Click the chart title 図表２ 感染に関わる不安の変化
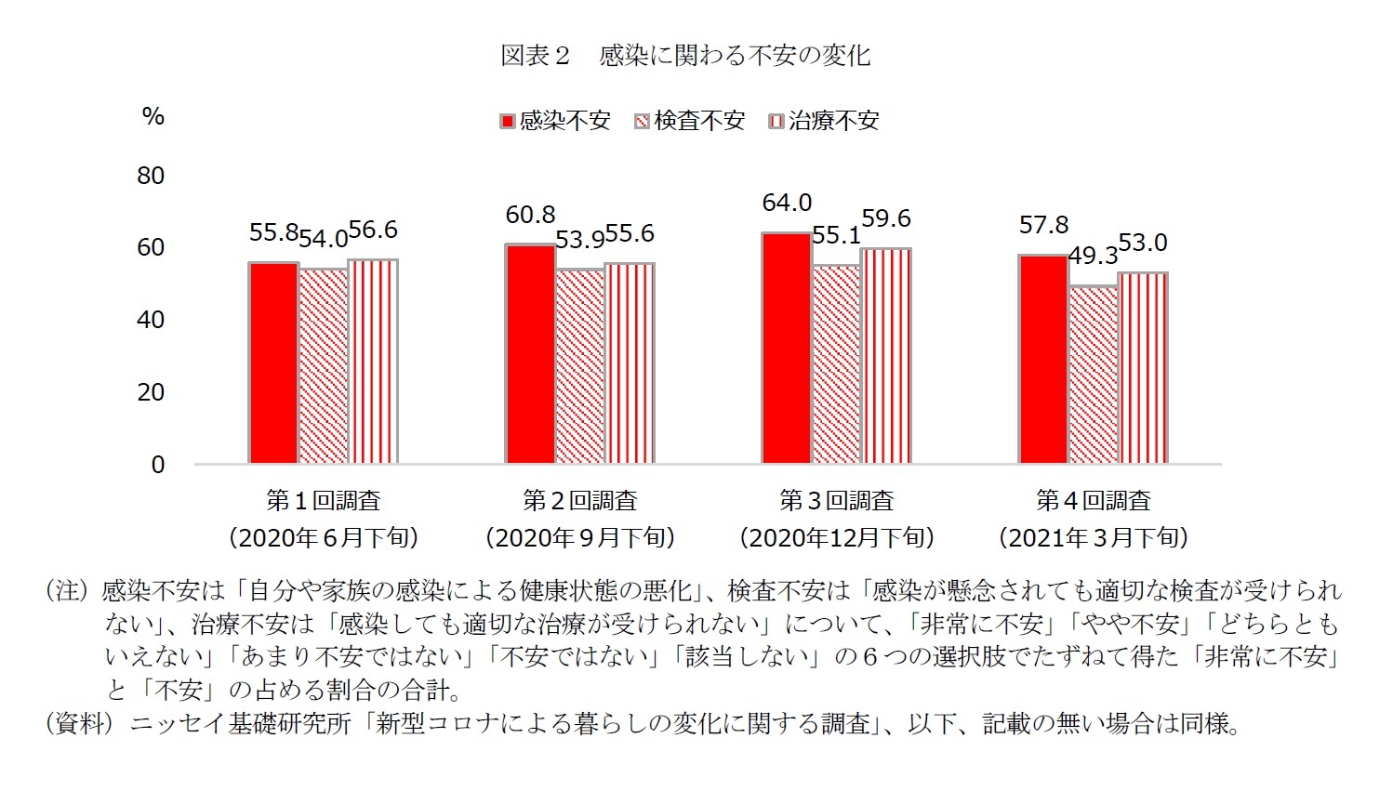pyautogui.click(x=685, y=56)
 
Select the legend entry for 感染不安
pyautogui.click(x=555, y=121)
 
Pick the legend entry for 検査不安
pyautogui.click(x=690, y=121)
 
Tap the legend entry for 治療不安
pyautogui.click(x=824, y=121)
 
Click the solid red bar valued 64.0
pyautogui.click(x=787, y=348)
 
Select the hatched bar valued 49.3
pyautogui.click(x=1093, y=375)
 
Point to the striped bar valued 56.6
pyautogui.click(x=373, y=362)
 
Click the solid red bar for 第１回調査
pyautogui.click(x=273, y=362)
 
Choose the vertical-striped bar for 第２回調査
pyautogui.click(x=630, y=363)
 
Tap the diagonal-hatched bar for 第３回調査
pyautogui.click(x=836, y=364)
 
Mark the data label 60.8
pyautogui.click(x=530, y=215)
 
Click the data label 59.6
pyautogui.click(x=885, y=218)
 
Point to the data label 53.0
pyautogui.click(x=1142, y=243)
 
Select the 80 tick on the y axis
pyautogui.click(x=151, y=176)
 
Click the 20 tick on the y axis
pyautogui.click(x=151, y=392)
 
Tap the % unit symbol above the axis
pyautogui.click(x=153, y=116)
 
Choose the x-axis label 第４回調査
pyautogui.click(x=1093, y=501)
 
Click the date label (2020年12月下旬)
pyautogui.click(x=836, y=537)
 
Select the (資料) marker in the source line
pyautogui.click(x=79, y=724)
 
